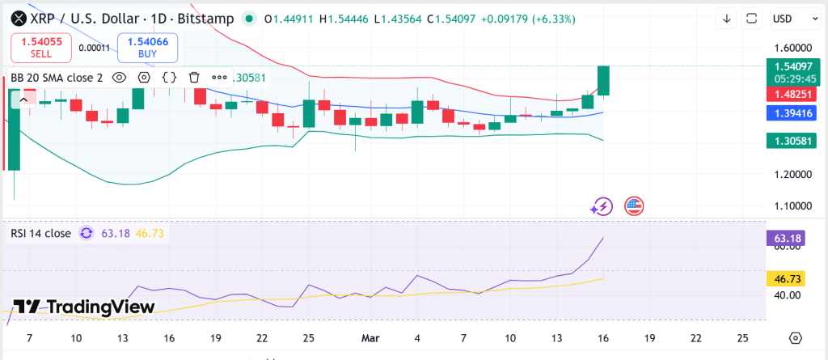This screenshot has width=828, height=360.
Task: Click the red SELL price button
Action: [x=41, y=48]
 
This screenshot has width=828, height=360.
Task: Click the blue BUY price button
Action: [x=147, y=48]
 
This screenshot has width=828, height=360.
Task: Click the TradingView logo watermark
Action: [x=83, y=307]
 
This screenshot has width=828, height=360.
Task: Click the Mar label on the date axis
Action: [x=369, y=337]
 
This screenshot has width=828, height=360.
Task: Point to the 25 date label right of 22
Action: [x=741, y=337]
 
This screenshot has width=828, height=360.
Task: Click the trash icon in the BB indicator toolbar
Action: [x=194, y=78]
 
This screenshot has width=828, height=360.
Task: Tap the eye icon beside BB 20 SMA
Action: [x=119, y=78]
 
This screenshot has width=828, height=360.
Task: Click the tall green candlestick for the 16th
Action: [x=603, y=81]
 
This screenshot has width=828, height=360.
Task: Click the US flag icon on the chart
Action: [x=634, y=206]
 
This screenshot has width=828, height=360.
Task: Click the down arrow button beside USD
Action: [x=726, y=18]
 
